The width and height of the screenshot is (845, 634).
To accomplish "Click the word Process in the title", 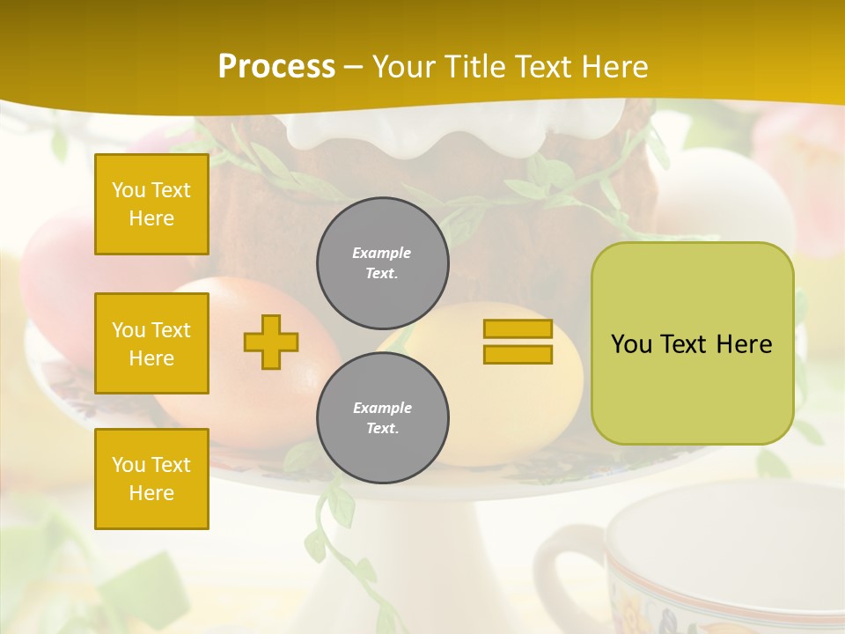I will coord(276,67).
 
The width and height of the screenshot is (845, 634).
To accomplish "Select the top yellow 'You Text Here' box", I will coord(151,204).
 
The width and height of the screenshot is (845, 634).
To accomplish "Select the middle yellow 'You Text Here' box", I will coord(151,343).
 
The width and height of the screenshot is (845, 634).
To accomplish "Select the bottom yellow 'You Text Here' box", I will coord(151,478).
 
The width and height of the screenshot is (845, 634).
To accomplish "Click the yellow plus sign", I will coord(271,342).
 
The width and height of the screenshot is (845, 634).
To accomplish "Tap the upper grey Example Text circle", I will coord(382,263).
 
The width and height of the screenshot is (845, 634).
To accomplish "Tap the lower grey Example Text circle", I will coord(382,418).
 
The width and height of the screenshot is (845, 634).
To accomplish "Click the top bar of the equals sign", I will coord(518,329).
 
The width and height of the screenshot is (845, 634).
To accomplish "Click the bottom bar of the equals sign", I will coord(518,355).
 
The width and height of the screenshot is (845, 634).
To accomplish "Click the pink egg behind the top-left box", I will coord(53,282).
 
